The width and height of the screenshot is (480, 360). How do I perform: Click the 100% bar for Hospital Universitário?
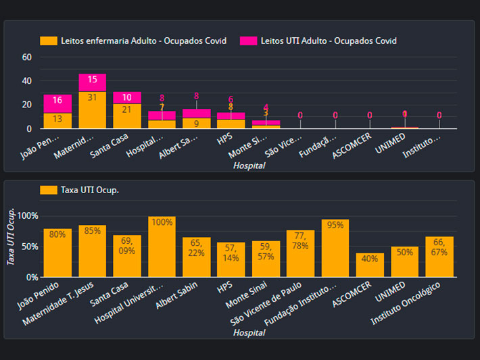click(x=162, y=247)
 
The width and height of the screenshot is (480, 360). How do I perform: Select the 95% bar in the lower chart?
click(x=335, y=249)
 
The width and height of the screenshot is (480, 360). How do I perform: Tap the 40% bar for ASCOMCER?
click(x=370, y=265)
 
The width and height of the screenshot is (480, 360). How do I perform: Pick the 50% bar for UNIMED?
click(x=404, y=262)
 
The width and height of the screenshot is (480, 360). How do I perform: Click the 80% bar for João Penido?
click(x=57, y=253)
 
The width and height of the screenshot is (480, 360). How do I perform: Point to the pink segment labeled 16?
click(x=57, y=103)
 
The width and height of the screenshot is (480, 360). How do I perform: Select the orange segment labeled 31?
click(x=92, y=109)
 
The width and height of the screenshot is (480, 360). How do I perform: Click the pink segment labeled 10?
click(x=127, y=97)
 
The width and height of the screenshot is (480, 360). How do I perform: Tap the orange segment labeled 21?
click(x=127, y=116)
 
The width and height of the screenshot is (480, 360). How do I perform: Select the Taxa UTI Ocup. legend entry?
click(x=80, y=190)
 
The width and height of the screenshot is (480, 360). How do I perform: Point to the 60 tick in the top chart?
click(x=27, y=57)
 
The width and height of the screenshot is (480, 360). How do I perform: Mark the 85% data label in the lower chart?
click(x=93, y=230)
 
